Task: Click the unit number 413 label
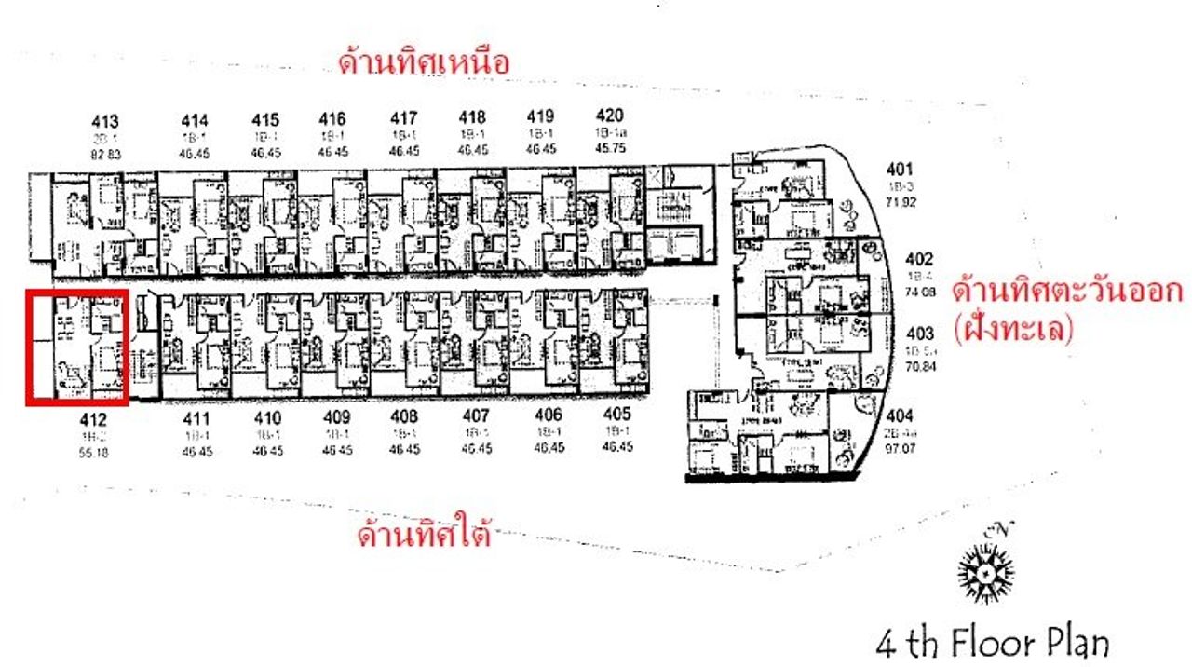tap(105, 120)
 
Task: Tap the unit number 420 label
tap(608, 116)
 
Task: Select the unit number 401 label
tap(901, 170)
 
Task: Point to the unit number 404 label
tap(901, 416)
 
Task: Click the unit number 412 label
tap(92, 420)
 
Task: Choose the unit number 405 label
tap(616, 415)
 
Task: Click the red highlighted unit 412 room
tap(76, 347)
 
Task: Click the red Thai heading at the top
tap(424, 63)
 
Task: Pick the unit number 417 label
tap(403, 118)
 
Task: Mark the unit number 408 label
tap(403, 416)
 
